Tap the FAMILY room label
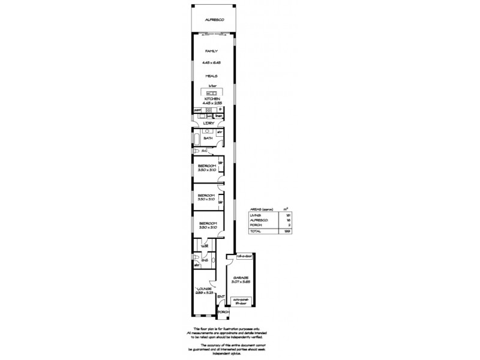click(211, 52)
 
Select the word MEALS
click(211, 76)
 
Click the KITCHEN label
click(211, 98)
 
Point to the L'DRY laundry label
click(209, 123)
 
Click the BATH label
click(208, 138)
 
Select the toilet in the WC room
click(196, 151)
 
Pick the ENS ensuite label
click(205, 260)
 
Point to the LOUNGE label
click(204, 289)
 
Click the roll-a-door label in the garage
click(244, 256)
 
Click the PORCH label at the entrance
click(223, 313)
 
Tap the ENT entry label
click(221, 296)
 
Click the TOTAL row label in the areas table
click(256, 230)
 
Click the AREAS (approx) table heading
click(262, 208)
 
